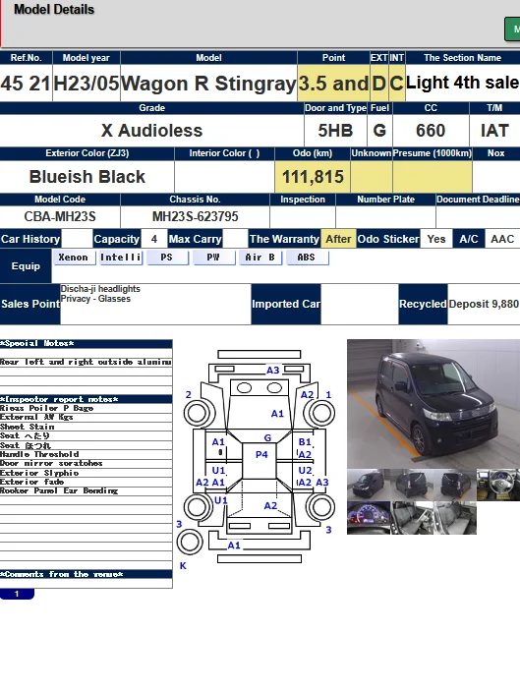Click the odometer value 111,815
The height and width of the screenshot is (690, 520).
click(x=313, y=177)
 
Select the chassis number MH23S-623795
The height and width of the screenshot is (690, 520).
click(x=195, y=216)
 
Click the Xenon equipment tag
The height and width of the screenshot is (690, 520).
click(x=73, y=258)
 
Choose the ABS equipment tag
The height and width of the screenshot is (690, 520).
click(x=307, y=258)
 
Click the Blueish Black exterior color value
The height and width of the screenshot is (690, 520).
click(x=87, y=177)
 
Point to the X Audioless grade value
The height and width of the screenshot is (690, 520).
click(x=151, y=131)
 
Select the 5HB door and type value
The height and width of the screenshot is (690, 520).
click(x=335, y=131)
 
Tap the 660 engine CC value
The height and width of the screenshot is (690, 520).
click(x=430, y=131)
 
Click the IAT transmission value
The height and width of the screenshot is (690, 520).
click(x=495, y=131)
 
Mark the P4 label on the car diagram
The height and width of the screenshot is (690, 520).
click(x=261, y=455)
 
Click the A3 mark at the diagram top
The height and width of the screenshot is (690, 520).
click(x=273, y=371)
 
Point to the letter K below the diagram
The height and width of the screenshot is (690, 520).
click(x=182, y=566)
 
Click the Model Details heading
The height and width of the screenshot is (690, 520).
click(x=54, y=10)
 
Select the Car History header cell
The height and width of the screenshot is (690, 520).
click(x=30, y=239)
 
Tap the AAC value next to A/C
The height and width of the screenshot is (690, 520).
click(x=501, y=239)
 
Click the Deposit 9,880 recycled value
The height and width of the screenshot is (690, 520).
click(x=484, y=305)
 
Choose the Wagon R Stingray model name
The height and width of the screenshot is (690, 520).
click(x=208, y=85)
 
